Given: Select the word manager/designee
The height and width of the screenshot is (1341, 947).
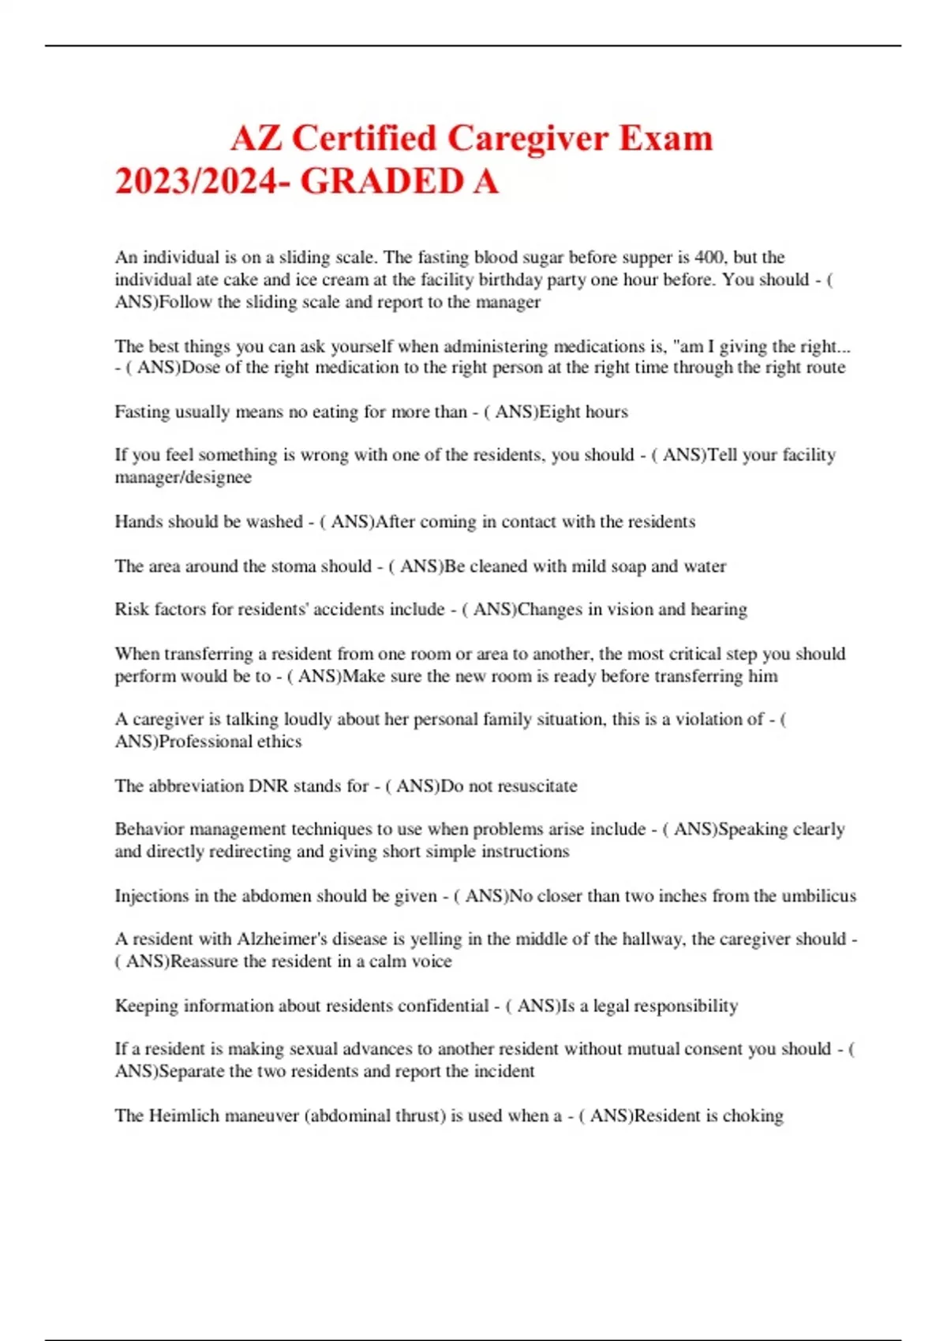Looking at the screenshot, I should (183, 477).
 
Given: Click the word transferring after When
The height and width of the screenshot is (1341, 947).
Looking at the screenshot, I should (196, 653).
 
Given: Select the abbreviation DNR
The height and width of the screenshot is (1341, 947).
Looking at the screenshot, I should (268, 786).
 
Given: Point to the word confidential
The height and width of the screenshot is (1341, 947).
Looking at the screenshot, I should (443, 1006).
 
